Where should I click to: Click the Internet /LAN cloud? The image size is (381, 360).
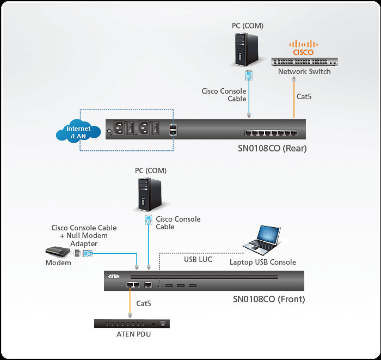click(x=78, y=132)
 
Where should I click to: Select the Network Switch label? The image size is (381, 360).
click(x=304, y=71)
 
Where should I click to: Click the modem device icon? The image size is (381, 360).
click(x=58, y=252)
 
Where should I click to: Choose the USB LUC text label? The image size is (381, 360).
click(x=198, y=260)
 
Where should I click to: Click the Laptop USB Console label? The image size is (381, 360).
click(x=263, y=263)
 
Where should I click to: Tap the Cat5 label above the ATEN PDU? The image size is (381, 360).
click(x=144, y=303)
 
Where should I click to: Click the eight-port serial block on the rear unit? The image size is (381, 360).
click(x=271, y=132)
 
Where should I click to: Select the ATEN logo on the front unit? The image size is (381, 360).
click(x=114, y=276)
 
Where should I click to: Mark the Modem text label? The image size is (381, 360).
click(x=58, y=263)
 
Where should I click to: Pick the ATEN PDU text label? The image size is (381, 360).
click(x=133, y=334)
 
